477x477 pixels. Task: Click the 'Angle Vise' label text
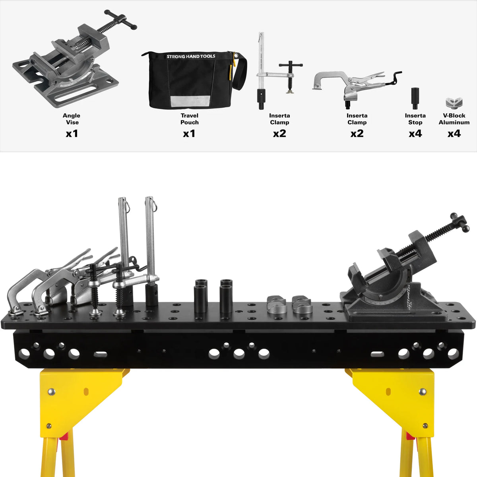click(x=72, y=119)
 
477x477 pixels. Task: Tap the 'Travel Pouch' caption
click(x=189, y=119)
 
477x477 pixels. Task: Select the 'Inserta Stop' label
click(x=415, y=119)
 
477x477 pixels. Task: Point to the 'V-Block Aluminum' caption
click(x=454, y=119)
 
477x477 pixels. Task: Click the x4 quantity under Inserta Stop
click(x=415, y=134)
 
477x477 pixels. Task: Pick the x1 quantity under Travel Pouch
click(x=189, y=134)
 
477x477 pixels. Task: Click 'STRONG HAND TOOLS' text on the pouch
click(x=191, y=56)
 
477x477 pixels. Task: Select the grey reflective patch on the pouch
click(x=190, y=101)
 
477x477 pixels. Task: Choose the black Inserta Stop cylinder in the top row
click(x=415, y=98)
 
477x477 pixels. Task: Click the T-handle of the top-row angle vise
click(x=120, y=20)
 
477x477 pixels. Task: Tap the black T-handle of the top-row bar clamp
click(x=290, y=65)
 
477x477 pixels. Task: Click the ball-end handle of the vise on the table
click(x=460, y=222)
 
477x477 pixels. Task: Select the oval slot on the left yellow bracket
click(x=86, y=392)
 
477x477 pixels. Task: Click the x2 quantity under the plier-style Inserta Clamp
click(x=357, y=134)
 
